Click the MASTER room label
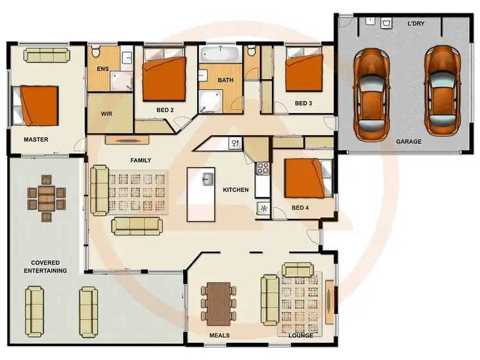coord(36,139)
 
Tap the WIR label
coord(107,114)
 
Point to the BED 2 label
coord(165,110)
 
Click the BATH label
coord(225,81)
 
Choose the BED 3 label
coord(303,103)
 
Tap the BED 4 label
coord(300,208)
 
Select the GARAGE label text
coord(408,141)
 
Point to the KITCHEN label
coord(235,190)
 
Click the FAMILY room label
coord(140,160)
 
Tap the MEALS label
coord(220,334)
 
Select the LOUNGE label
coord(300,334)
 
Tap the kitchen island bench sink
coord(207,178)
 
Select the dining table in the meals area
coord(220,302)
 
